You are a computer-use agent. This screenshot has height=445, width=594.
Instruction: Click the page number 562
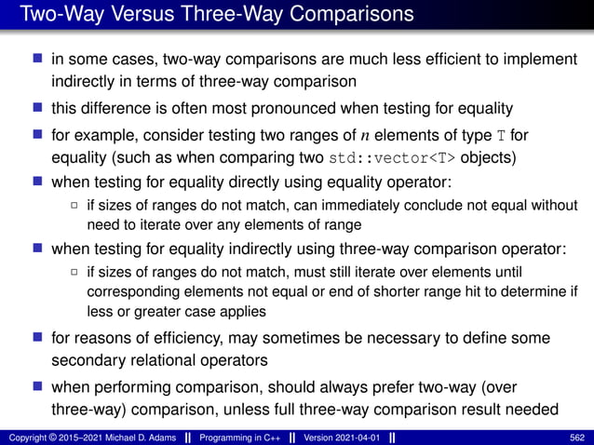pyautogui.click(x=577, y=436)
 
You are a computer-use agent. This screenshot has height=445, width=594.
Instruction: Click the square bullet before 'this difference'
pyautogui.click(x=37, y=108)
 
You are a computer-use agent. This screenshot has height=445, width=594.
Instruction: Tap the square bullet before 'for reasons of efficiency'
pyautogui.click(x=37, y=337)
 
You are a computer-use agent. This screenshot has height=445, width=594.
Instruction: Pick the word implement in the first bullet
pyautogui.click(x=545, y=60)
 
